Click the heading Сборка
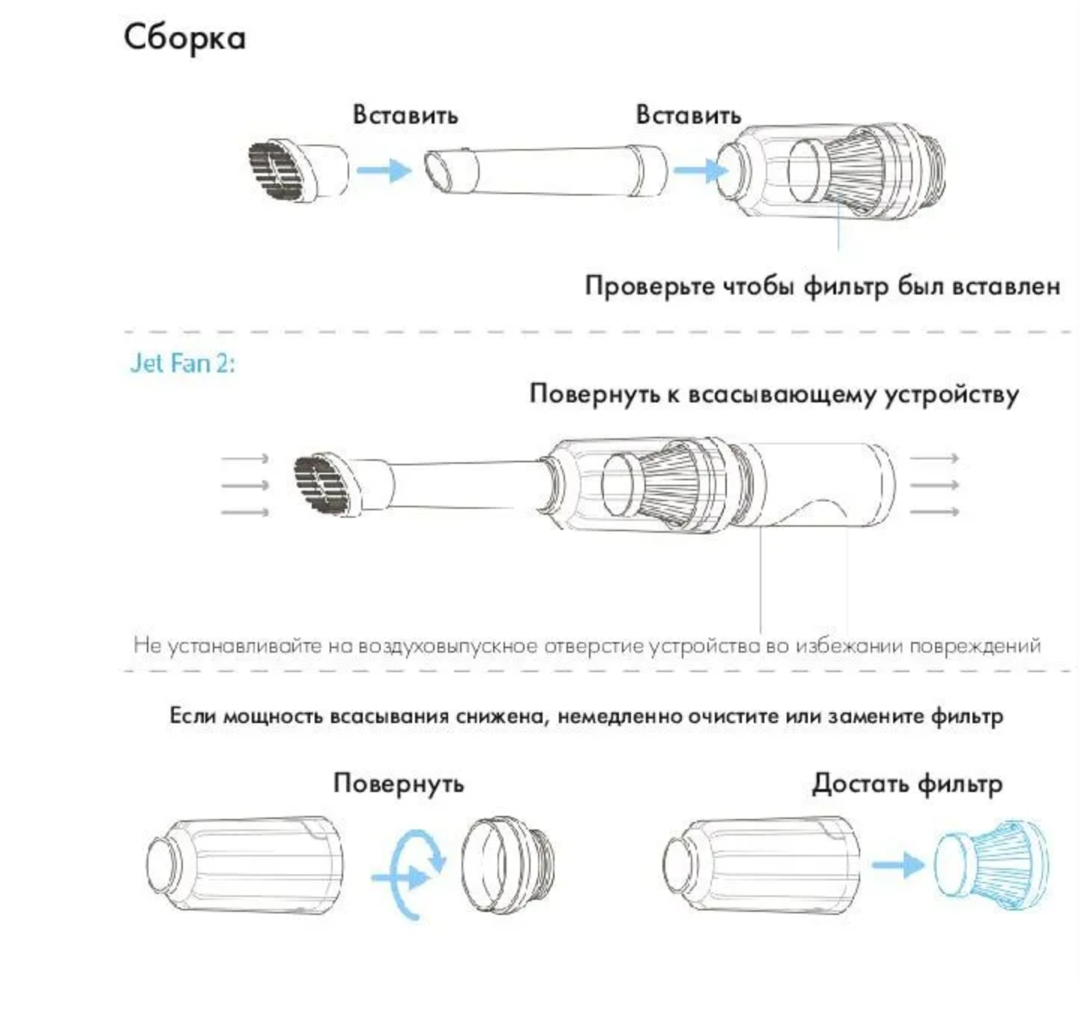[x=184, y=37]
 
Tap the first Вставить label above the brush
[x=405, y=115]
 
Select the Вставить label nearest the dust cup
[x=688, y=115]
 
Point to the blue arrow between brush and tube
[x=384, y=170]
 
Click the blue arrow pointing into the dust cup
[x=700, y=171]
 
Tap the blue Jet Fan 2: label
[x=182, y=363]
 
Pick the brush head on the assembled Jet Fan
[x=327, y=485]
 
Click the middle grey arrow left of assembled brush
[x=245, y=486]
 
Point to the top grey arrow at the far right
[x=934, y=458]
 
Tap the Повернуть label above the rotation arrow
[x=399, y=784]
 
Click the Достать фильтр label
[x=907, y=784]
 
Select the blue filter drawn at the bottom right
[x=991, y=865]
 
